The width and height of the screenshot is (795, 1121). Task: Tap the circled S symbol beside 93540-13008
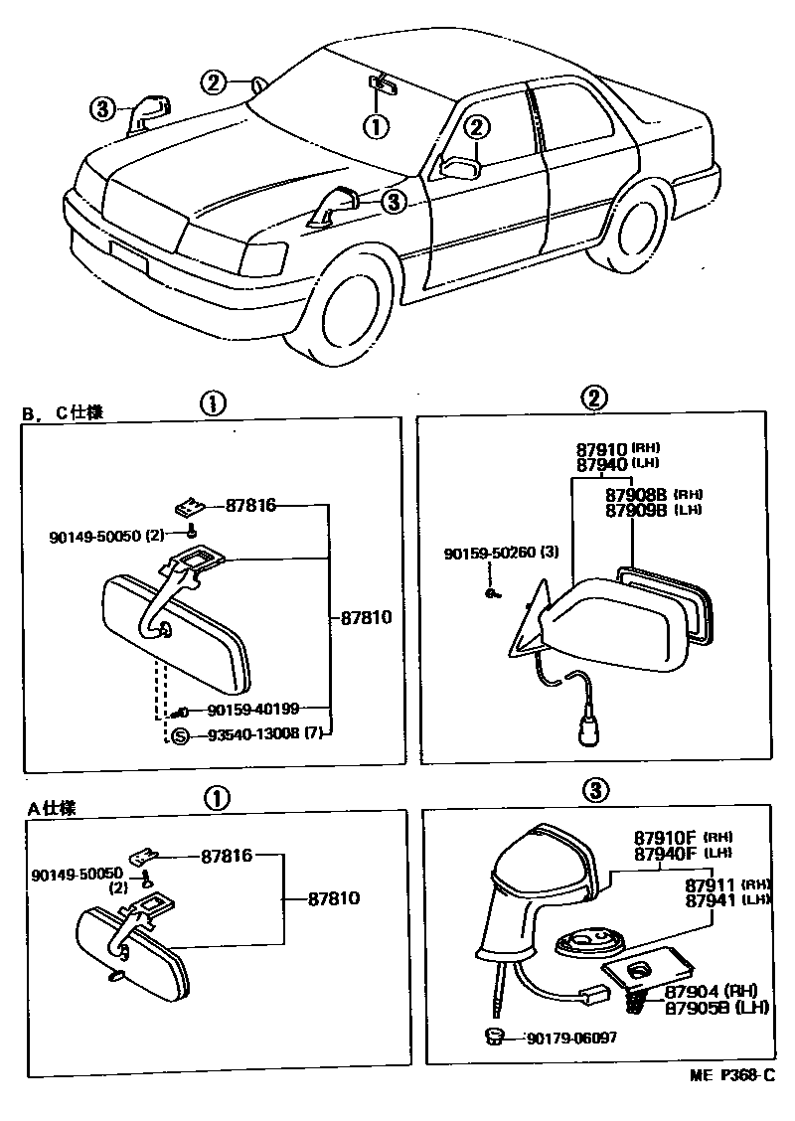coord(180,735)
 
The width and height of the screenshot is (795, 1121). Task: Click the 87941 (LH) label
coord(715,899)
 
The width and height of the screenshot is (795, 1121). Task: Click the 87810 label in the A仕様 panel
coord(332,897)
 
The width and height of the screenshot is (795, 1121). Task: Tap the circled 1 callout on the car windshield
coord(375,126)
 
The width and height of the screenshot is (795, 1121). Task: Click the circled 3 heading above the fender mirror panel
coord(593,792)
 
